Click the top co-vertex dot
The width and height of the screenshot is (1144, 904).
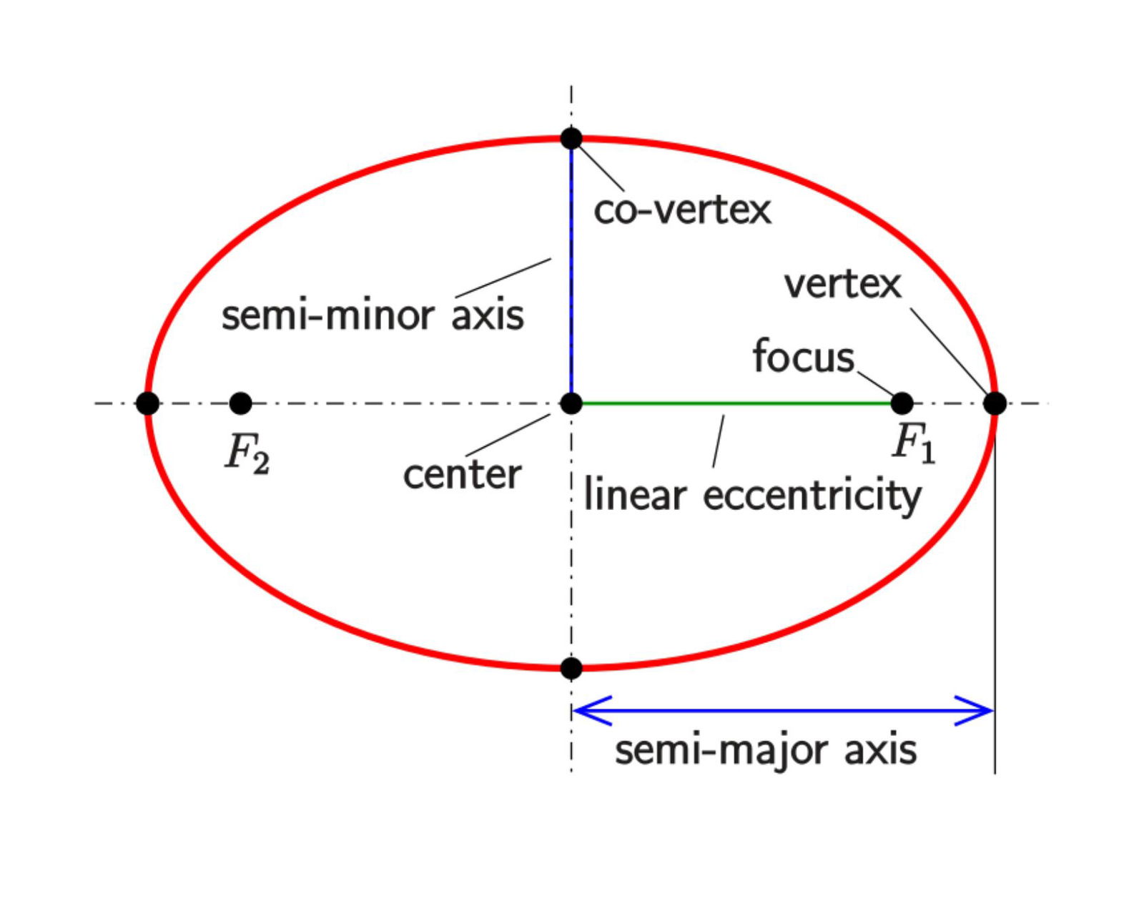pyautogui.click(x=571, y=138)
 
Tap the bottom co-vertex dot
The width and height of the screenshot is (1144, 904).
pyautogui.click(x=571, y=668)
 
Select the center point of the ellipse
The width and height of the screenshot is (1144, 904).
pyautogui.click(x=571, y=403)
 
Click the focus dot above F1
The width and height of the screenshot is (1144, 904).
pyautogui.click(x=902, y=403)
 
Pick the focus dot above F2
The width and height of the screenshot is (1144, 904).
pyautogui.click(x=241, y=403)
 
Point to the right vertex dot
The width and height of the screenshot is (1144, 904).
pyautogui.click(x=995, y=403)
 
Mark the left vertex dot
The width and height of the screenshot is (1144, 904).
pyautogui.click(x=147, y=403)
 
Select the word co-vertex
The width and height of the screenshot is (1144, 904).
pyautogui.click(x=682, y=210)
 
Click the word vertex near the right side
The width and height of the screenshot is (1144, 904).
pyautogui.click(x=842, y=284)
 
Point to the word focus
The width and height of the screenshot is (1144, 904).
pyautogui.click(x=803, y=356)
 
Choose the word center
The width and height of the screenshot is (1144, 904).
pyautogui.click(x=462, y=474)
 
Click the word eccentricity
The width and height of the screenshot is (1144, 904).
pyautogui.click(x=812, y=496)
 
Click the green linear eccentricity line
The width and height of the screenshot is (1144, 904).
pyautogui.click(x=736, y=403)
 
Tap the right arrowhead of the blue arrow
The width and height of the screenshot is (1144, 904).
pyautogui.click(x=980, y=710)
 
